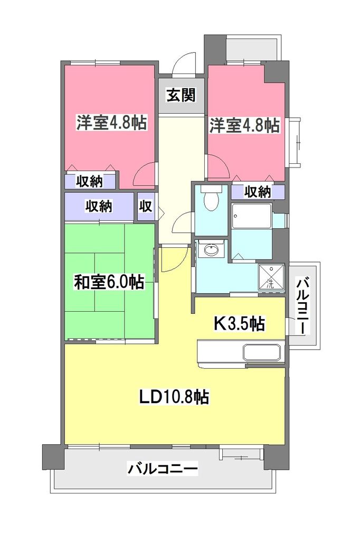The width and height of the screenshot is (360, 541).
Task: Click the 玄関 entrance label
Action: coord(181,96)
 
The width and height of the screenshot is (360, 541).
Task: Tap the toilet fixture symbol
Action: coord(211,199)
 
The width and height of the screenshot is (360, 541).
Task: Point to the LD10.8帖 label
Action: coord(174,397)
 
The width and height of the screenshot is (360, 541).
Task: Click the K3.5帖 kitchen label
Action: coord(239,323)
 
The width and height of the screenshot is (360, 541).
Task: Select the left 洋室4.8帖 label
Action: coord(111,123)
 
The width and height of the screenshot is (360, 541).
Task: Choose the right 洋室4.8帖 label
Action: coord(244,125)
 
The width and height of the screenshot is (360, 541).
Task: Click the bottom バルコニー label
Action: coord(163,468)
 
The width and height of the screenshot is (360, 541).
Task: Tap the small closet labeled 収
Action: coord(146,207)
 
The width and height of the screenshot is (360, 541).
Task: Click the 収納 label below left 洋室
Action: coord(89,181)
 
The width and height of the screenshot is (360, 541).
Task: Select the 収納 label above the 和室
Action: coord(99,207)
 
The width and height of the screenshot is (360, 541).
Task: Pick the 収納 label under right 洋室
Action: coord(258,191)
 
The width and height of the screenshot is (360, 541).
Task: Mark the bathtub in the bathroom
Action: coord(251,216)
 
